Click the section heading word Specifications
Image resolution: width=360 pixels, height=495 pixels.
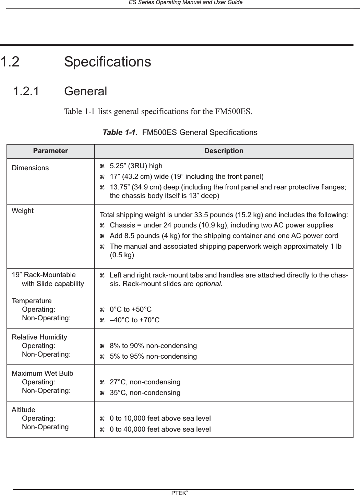click(107, 62)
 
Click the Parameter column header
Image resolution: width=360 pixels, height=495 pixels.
click(50, 151)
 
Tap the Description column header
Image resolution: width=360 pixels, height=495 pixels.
click(224, 151)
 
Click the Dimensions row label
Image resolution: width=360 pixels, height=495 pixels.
click(30, 168)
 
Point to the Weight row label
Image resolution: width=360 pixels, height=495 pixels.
click(23, 211)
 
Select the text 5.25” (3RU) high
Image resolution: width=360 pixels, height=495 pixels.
click(136, 166)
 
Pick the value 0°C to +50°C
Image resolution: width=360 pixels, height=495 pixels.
click(130, 310)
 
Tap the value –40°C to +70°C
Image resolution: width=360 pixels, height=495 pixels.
click(134, 320)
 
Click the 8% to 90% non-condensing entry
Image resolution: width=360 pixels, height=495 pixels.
click(153, 346)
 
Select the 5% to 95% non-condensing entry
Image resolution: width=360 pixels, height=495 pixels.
click(153, 357)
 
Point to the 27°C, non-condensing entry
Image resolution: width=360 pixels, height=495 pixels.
click(145, 382)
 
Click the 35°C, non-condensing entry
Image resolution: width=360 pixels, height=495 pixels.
click(145, 393)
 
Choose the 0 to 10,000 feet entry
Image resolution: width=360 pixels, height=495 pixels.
click(160, 419)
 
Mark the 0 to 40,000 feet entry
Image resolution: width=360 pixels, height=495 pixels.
click(160, 430)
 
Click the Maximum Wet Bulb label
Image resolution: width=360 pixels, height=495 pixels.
click(43, 373)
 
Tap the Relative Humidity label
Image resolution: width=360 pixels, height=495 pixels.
click(39, 337)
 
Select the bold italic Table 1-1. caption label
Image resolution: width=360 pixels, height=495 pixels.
click(120, 133)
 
